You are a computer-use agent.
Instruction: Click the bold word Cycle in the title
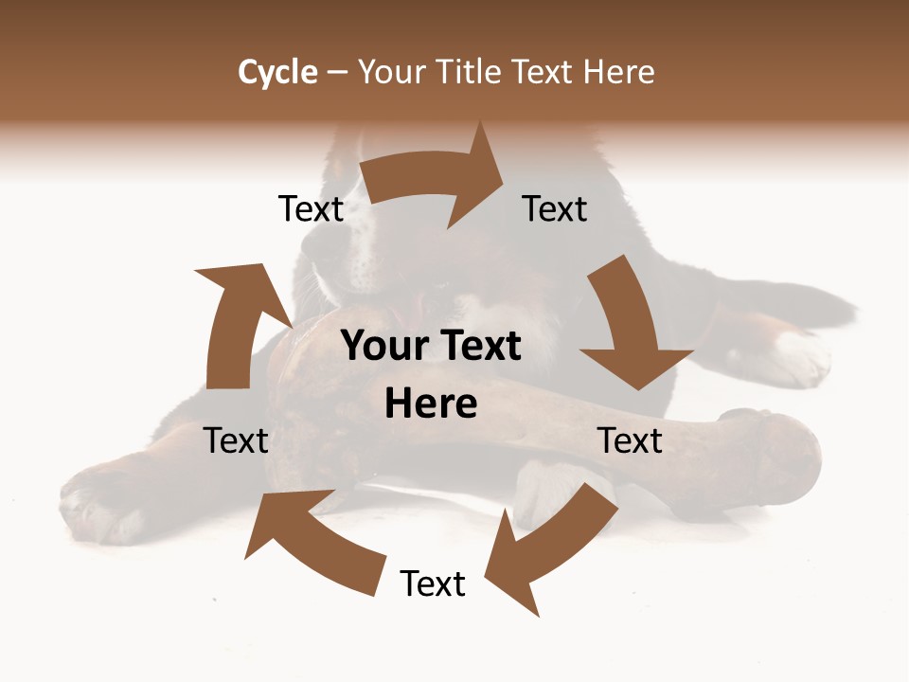tap(277, 72)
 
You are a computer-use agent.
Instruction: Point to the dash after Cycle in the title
tap(337, 72)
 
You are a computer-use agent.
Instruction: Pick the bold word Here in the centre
tap(431, 404)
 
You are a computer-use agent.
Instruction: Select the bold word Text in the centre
tap(477, 347)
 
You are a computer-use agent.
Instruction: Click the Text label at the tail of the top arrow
tap(311, 208)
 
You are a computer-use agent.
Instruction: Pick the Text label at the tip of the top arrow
tap(555, 208)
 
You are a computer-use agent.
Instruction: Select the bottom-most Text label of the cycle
tap(433, 583)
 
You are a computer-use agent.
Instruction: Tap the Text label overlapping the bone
tap(630, 440)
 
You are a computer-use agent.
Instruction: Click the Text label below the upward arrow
tap(236, 440)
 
